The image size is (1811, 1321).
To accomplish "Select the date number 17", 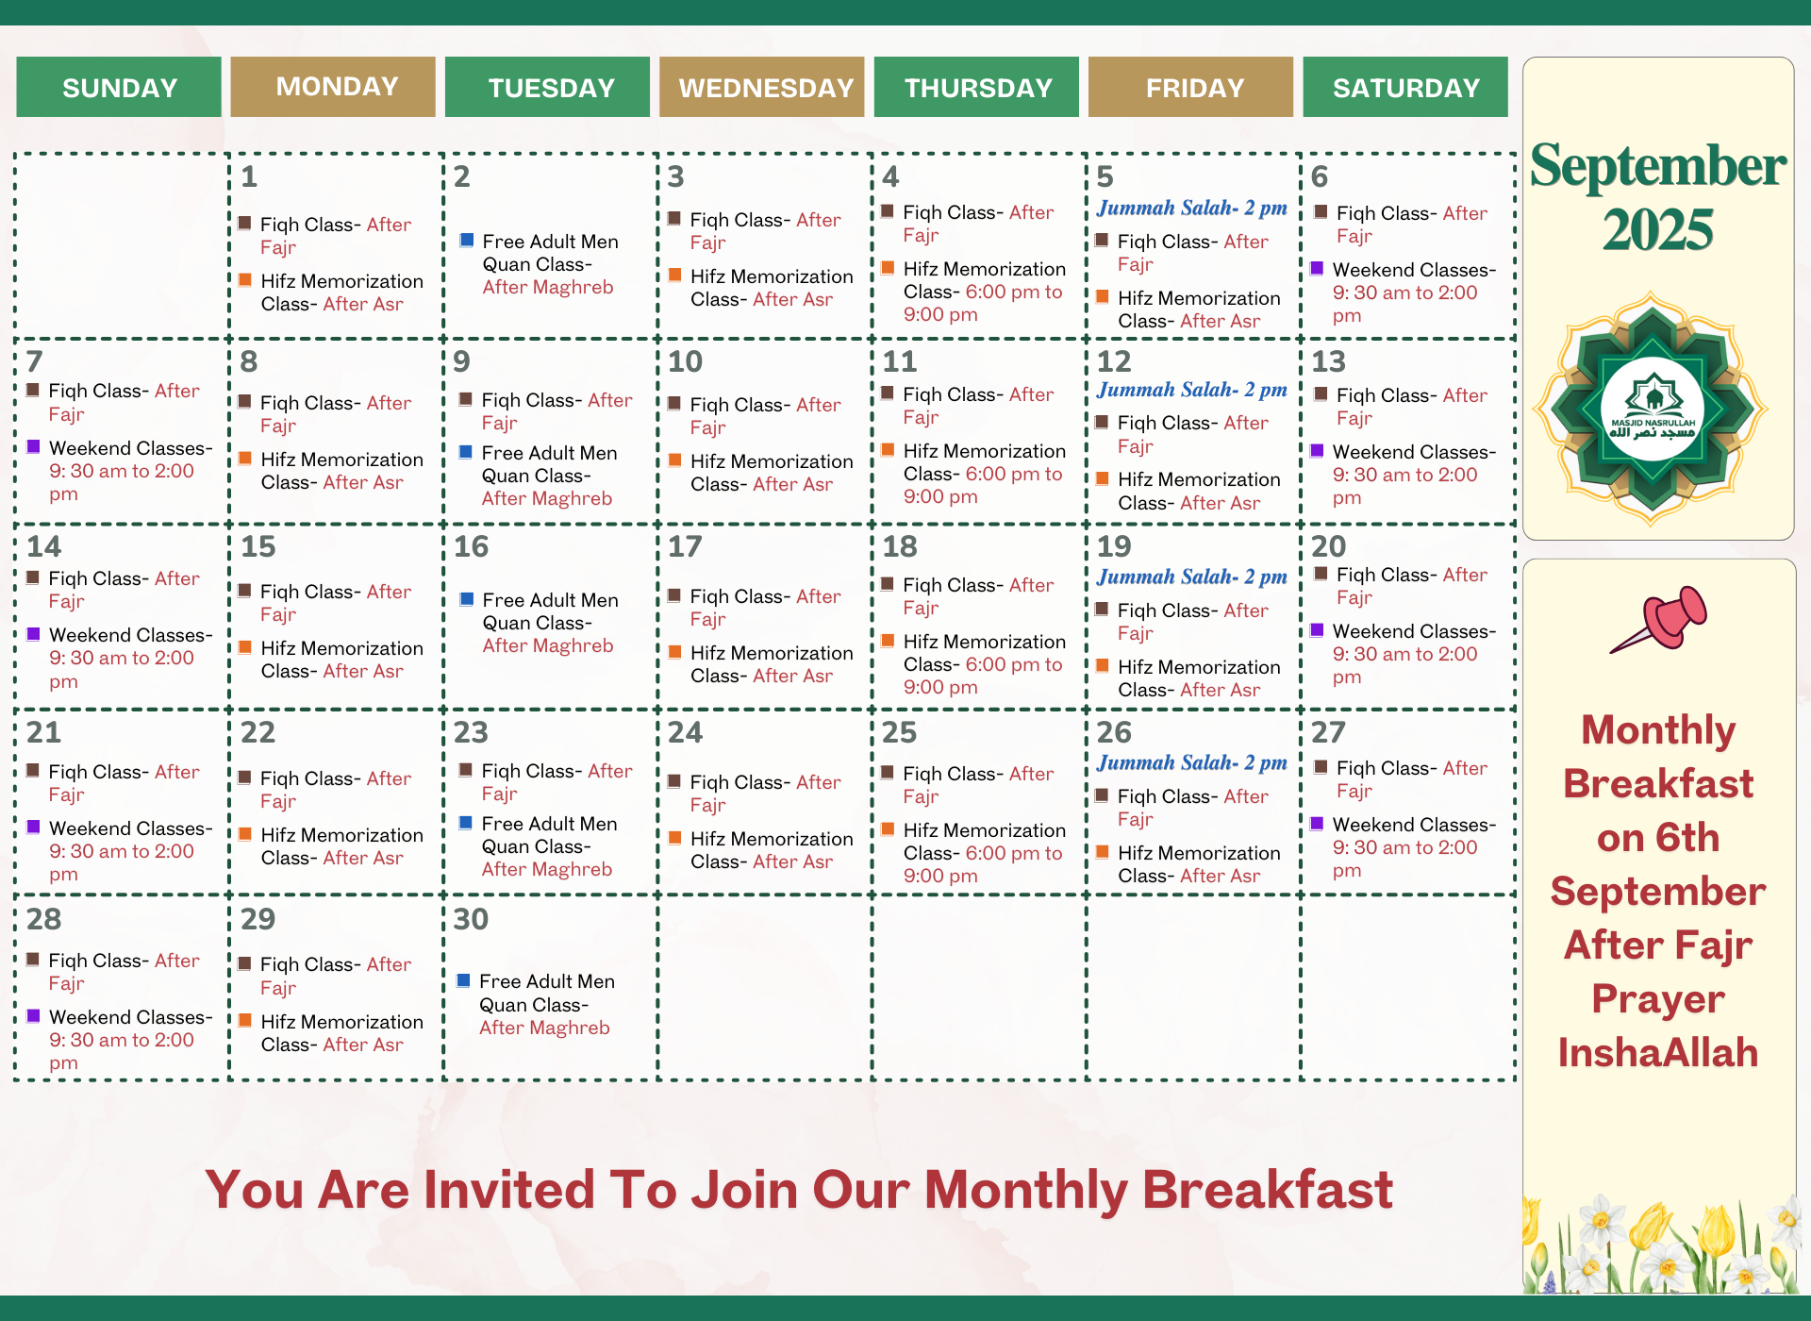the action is coord(686,546).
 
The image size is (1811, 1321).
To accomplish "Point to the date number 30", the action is coord(472,919).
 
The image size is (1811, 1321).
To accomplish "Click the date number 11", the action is coord(900,361).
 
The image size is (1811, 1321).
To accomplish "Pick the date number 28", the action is coord(44,919).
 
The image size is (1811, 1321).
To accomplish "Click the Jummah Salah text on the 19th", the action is coord(1192,577).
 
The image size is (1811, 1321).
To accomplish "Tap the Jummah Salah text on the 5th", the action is coord(1192,208).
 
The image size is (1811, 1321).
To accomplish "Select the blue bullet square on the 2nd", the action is coord(466,240).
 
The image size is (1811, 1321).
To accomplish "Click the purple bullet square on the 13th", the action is coord(1317,450).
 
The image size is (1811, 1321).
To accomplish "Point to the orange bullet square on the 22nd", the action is coord(245,833).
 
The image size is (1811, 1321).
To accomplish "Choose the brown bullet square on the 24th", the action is coord(674,780).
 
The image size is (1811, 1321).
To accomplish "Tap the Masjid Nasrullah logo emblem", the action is coord(1652,409).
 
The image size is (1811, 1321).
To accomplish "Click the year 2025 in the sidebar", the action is coord(1658,230).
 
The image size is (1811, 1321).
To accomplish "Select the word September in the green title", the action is coord(1658,166).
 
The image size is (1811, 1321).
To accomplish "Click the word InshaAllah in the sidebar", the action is coord(1658,1053).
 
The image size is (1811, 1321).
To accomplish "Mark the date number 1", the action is coord(249,176).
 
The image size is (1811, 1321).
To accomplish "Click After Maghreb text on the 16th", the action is coord(548,645).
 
